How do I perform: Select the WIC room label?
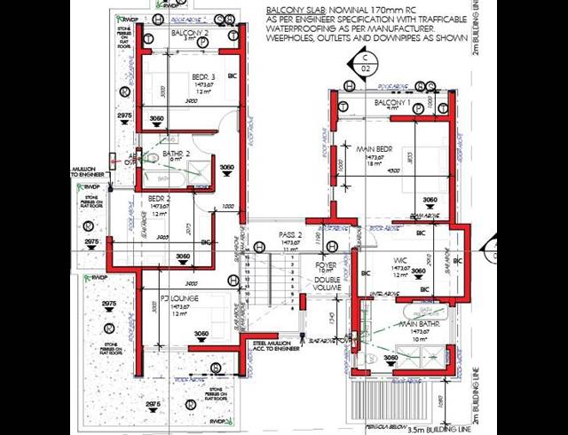point(398,260)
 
